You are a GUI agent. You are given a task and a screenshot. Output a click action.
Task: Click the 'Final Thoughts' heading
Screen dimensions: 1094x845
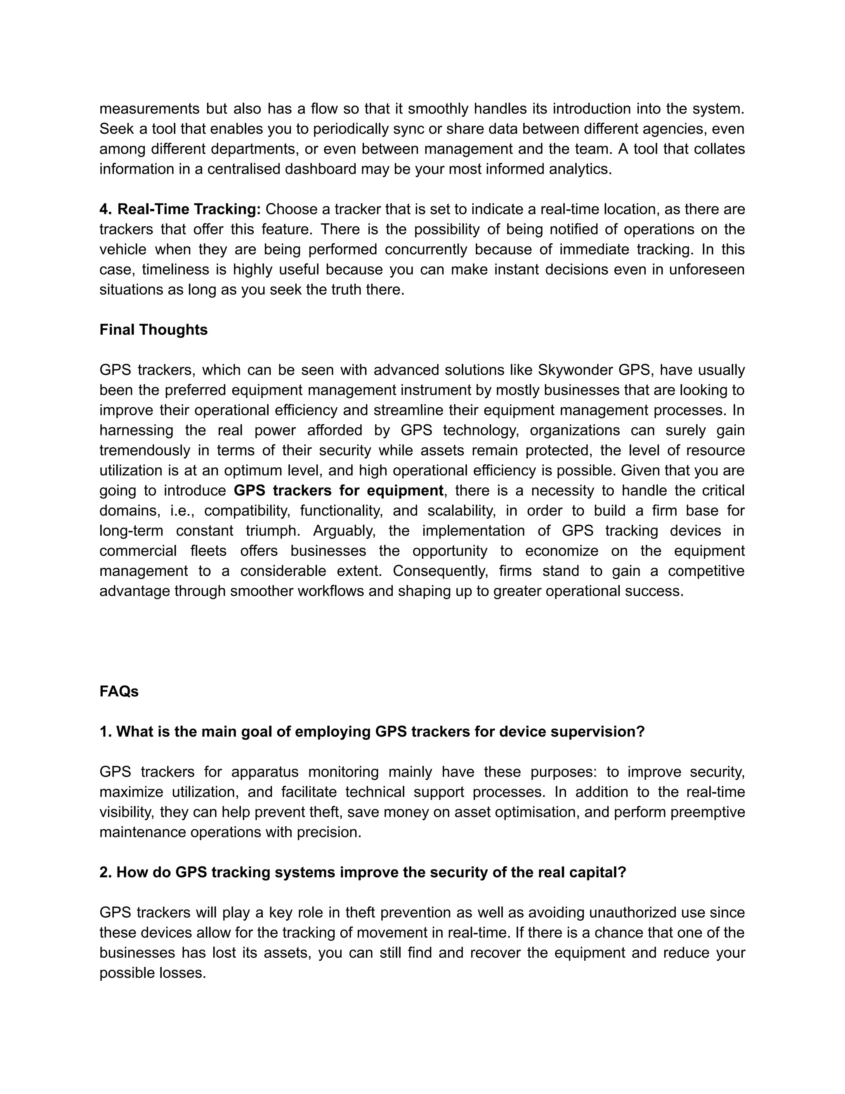click(x=153, y=329)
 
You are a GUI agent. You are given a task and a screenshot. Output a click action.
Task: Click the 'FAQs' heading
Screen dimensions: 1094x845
click(x=119, y=691)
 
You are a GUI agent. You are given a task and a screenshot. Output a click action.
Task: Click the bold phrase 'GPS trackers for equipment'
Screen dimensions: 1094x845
click(x=338, y=490)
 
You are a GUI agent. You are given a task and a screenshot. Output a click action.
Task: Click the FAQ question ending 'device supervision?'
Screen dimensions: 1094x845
click(x=372, y=732)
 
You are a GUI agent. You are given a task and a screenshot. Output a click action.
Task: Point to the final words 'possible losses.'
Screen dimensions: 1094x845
click(x=153, y=973)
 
